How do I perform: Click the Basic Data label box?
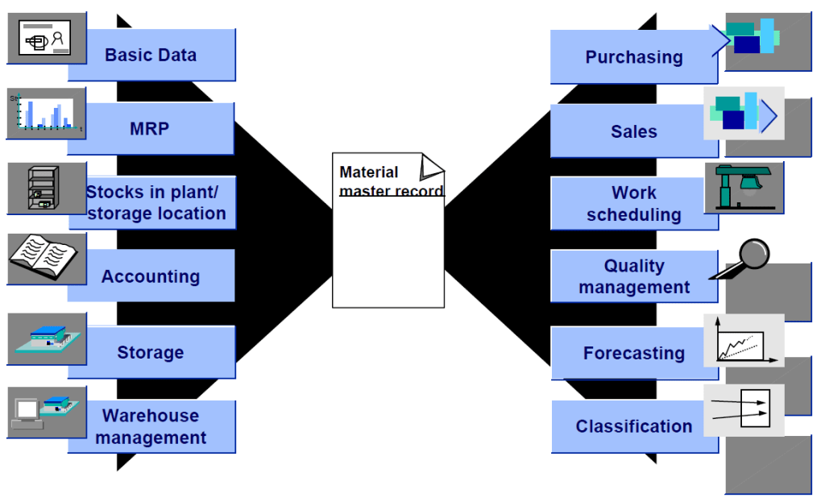click(x=151, y=56)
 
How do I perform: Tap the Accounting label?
click(x=151, y=276)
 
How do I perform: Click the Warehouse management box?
click(x=151, y=427)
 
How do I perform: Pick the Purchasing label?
click(x=634, y=57)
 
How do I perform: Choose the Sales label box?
click(x=634, y=131)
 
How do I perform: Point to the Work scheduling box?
click(x=634, y=204)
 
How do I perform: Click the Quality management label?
click(x=634, y=276)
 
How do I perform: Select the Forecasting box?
click(x=634, y=353)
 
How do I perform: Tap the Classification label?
click(x=634, y=426)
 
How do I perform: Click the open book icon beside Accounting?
click(x=44, y=257)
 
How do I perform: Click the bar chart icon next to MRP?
click(x=45, y=113)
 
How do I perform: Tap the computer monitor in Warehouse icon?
click(x=27, y=412)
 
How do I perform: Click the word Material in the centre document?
click(x=369, y=172)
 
